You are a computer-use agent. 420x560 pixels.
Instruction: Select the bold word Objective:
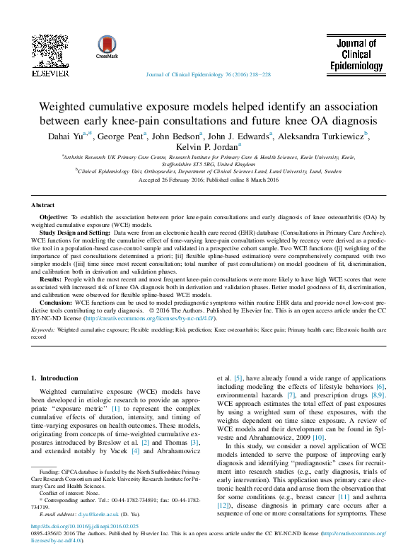(54, 216)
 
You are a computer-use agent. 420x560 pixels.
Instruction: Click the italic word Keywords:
(42, 329)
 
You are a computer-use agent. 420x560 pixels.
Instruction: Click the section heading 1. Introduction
(55, 378)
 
